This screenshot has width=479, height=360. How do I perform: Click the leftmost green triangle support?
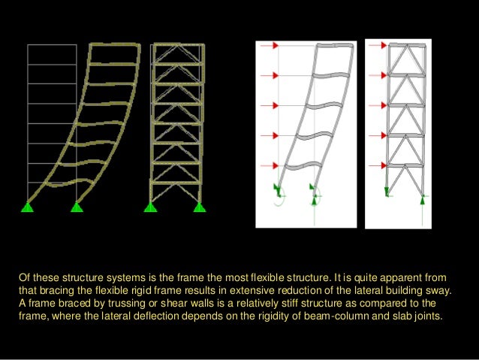tap(28, 207)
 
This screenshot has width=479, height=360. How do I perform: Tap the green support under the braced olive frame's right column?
tap(199, 207)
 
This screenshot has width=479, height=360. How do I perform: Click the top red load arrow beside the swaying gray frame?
tap(276, 46)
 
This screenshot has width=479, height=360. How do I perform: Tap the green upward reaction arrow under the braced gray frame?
tap(423, 200)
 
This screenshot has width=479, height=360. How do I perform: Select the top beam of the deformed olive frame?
tap(114, 47)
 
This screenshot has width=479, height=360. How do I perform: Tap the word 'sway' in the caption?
tap(451, 290)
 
